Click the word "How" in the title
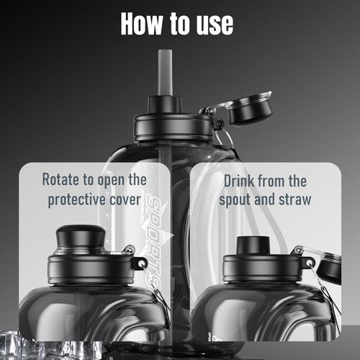click(141, 23)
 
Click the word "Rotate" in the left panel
click(61, 179)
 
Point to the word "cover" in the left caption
click(125, 200)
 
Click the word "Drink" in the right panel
click(239, 181)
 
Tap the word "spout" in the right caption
click(235, 200)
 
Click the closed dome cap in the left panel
click(81, 235)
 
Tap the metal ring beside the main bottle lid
click(225, 138)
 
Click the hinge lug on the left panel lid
click(140, 264)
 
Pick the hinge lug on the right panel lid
click(308, 263)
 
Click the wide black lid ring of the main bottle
click(174, 127)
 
